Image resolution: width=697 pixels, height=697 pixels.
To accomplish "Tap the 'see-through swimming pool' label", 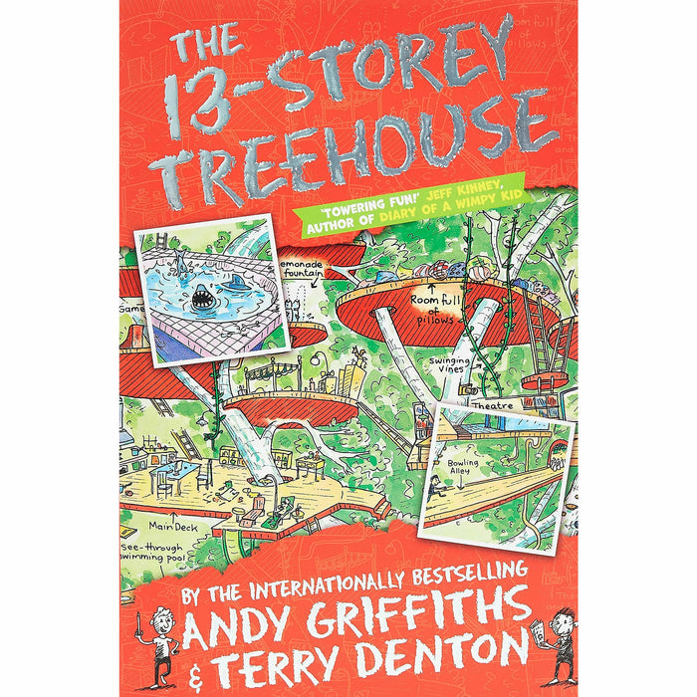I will (x=164, y=551).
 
